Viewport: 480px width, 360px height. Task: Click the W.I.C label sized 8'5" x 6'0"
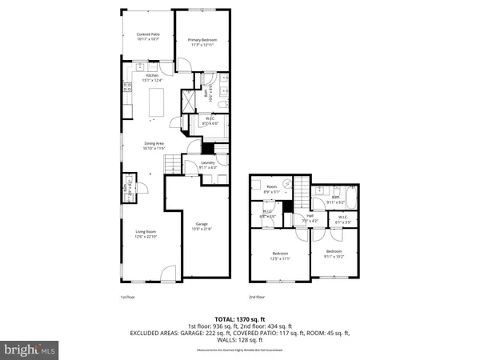coord(209,122)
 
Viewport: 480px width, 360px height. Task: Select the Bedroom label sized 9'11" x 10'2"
coord(334,254)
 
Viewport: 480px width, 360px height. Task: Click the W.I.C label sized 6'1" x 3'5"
coord(342,218)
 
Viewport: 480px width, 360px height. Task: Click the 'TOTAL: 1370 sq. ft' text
coord(240,319)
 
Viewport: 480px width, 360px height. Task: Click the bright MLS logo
coord(30,350)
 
